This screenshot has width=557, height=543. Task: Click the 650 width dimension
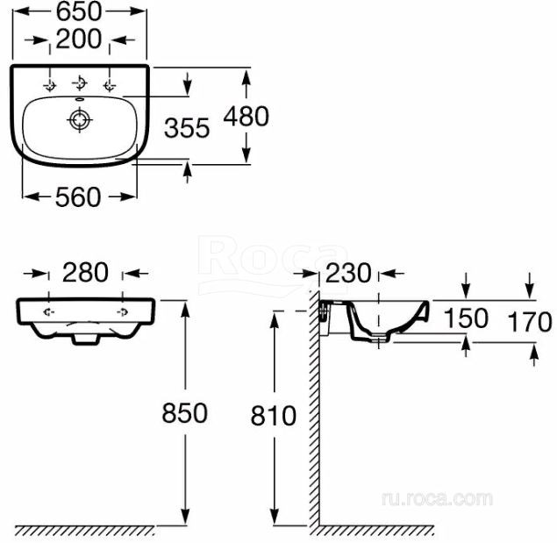click(x=79, y=11)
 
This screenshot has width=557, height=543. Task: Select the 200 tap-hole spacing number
click(x=79, y=39)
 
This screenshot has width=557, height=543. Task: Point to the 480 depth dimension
click(x=246, y=116)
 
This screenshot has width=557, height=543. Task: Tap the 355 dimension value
click(x=187, y=128)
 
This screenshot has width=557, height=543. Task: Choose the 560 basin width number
click(x=78, y=197)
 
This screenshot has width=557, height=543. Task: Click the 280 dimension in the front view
click(x=85, y=273)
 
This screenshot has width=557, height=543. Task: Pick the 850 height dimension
click(x=184, y=413)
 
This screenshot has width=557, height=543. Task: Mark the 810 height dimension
click(x=273, y=416)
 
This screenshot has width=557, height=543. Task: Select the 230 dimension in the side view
click(x=348, y=274)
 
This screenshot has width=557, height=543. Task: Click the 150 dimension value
click(x=466, y=318)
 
